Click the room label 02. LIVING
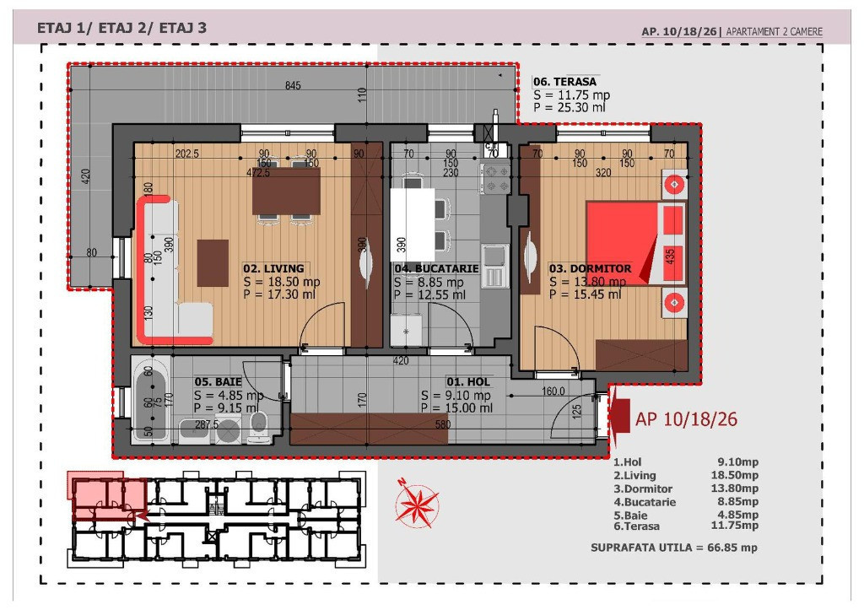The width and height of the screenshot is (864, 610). pos(273,268)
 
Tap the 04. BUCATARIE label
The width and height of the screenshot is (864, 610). pos(436,268)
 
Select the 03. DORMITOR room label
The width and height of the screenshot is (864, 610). pos(590,268)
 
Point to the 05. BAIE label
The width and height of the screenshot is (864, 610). pos(218,381)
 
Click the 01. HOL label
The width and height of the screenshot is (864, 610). pos(467,381)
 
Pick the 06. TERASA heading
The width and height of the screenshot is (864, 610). pos(564,82)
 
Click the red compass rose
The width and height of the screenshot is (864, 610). pos(417,503)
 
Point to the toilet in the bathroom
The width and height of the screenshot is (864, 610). pos(258,427)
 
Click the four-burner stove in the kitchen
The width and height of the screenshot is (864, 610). pos(495,179)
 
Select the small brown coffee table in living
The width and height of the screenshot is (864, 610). pos(213,263)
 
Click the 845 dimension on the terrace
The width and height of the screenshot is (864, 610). pos(293,85)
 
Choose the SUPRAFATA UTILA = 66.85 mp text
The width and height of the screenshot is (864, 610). pos(674,548)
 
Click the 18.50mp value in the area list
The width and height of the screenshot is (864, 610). pos(735,475)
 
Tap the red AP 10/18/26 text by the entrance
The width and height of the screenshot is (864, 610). pos(686,419)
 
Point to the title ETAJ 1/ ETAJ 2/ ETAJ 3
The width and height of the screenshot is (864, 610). pos(121,28)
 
